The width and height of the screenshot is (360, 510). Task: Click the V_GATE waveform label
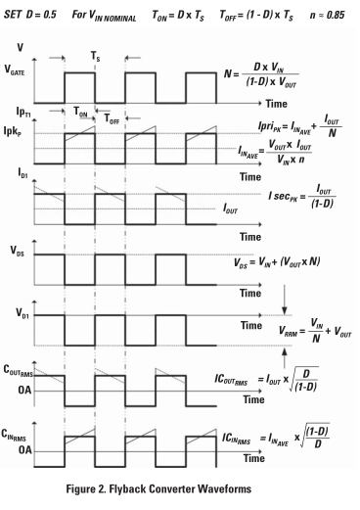(x=18, y=71)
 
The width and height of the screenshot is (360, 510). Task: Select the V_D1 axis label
(x=16, y=314)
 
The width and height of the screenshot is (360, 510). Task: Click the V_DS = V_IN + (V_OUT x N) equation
(x=285, y=267)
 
